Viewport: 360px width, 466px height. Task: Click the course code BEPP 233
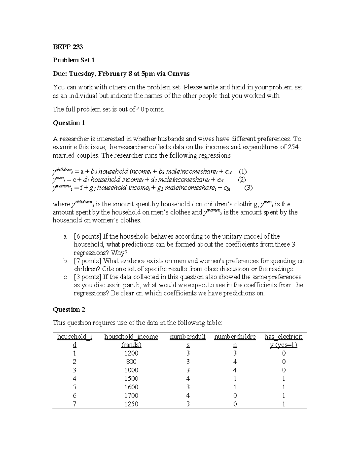click(68, 47)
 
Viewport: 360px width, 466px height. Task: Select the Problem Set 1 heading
click(74, 60)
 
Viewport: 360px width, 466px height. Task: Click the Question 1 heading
click(69, 123)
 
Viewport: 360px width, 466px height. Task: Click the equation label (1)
click(242, 172)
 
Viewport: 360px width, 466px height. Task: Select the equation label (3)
click(248, 188)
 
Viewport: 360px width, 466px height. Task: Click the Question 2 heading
click(69, 310)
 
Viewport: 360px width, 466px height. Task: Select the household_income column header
click(131, 337)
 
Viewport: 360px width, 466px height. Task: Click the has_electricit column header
click(283, 337)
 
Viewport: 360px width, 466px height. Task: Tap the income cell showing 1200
click(131, 353)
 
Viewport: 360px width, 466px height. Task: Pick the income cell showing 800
click(131, 362)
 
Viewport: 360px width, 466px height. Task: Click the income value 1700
click(131, 395)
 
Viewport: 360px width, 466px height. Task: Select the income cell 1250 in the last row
click(131, 404)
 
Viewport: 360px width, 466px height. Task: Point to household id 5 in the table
click(75, 387)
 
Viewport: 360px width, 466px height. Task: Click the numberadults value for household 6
click(188, 395)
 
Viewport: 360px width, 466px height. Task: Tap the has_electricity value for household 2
click(283, 362)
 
